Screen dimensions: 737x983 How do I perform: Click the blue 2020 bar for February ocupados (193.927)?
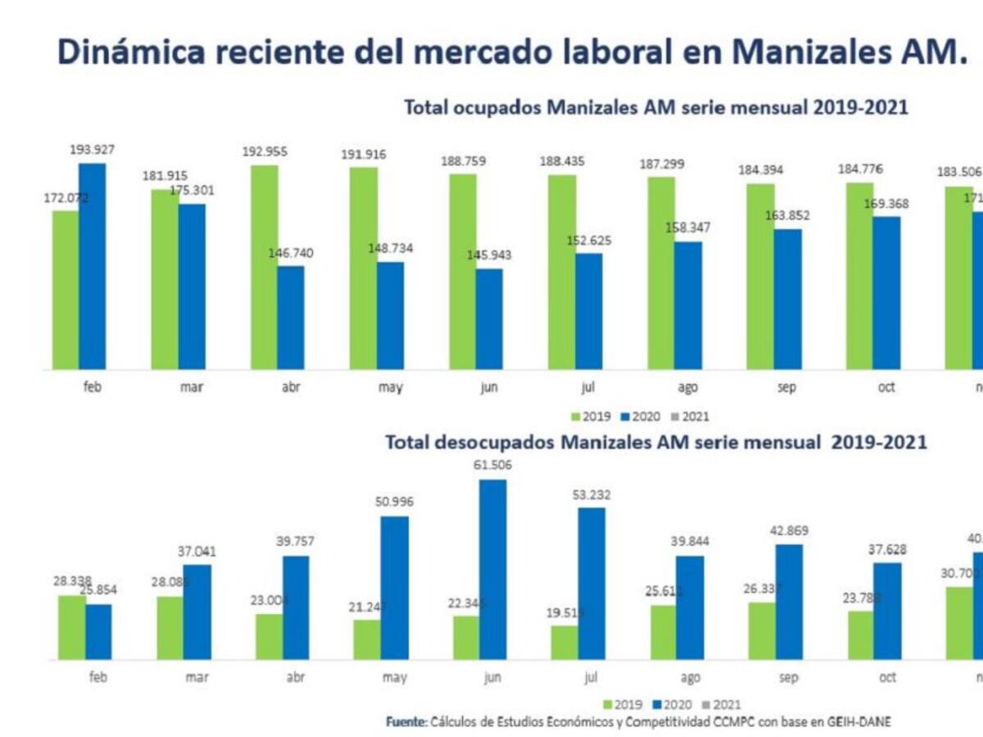tap(93, 266)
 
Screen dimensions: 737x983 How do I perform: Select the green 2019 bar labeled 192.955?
tap(265, 267)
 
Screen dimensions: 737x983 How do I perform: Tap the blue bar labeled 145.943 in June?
tap(489, 319)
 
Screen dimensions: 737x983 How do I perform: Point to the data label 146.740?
tap(291, 253)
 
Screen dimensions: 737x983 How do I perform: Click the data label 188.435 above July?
tap(561, 162)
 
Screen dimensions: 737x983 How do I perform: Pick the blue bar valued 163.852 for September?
tap(787, 299)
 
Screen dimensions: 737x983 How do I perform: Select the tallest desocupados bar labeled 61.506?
tap(493, 569)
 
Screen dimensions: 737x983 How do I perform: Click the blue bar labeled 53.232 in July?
tap(591, 583)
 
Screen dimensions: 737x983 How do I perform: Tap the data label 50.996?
tap(394, 501)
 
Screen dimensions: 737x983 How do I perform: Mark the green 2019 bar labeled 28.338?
tap(72, 626)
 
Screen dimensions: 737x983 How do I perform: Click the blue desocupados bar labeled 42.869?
tap(789, 602)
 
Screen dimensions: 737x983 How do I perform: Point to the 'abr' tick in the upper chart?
tap(291, 387)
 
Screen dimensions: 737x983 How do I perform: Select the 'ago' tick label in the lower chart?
tap(690, 677)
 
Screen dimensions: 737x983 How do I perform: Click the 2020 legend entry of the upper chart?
tap(642, 417)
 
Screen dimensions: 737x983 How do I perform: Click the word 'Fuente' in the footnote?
tap(405, 721)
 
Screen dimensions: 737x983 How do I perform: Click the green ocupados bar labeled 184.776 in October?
tap(860, 275)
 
